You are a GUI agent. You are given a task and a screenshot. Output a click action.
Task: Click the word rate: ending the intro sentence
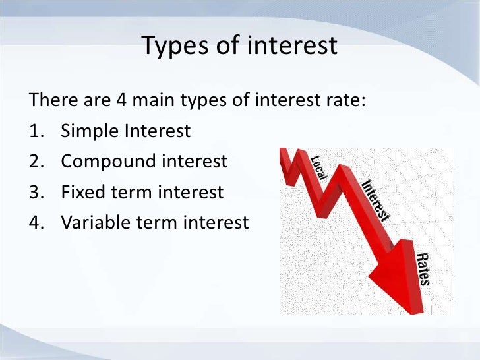(x=342, y=102)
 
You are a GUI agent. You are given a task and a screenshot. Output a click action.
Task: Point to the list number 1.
(x=36, y=131)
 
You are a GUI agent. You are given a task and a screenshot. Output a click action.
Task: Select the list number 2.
(x=36, y=162)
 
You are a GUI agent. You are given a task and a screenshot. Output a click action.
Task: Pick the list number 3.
(x=36, y=192)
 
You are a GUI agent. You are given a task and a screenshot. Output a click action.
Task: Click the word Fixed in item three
(x=82, y=192)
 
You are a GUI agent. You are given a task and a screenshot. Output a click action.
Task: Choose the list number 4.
(x=36, y=222)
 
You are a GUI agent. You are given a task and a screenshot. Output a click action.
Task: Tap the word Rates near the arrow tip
(x=423, y=268)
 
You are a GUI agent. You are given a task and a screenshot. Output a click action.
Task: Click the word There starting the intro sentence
(x=51, y=102)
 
